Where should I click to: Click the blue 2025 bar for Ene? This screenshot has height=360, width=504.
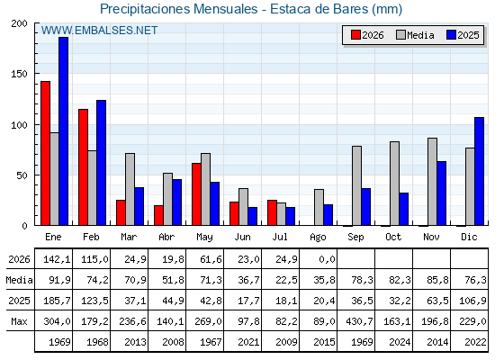(63, 131)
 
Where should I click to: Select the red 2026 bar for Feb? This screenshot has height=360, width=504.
(83, 167)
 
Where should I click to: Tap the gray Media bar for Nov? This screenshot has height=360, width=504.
(432, 182)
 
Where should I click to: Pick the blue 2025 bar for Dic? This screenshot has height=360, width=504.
(479, 171)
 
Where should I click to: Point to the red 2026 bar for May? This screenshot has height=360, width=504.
(196, 194)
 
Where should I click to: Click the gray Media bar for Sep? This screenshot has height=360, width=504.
(356, 185)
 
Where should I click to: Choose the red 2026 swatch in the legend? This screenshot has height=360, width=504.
(355, 35)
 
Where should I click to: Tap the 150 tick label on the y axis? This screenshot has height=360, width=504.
(19, 74)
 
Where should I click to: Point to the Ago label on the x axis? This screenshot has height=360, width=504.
(318, 238)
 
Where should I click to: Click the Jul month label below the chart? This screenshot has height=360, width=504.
(280, 237)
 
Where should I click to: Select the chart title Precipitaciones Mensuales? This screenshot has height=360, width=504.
(179, 9)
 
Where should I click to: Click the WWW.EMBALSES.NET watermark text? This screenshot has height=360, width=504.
(99, 31)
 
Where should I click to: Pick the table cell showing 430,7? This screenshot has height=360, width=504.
(359, 321)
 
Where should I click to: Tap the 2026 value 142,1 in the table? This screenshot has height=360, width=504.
(57, 259)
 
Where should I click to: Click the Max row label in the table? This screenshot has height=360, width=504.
(19, 321)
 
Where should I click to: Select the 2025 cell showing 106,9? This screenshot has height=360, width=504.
(472, 301)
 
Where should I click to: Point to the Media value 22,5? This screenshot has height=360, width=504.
(286, 280)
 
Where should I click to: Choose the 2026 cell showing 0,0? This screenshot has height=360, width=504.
(328, 259)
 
